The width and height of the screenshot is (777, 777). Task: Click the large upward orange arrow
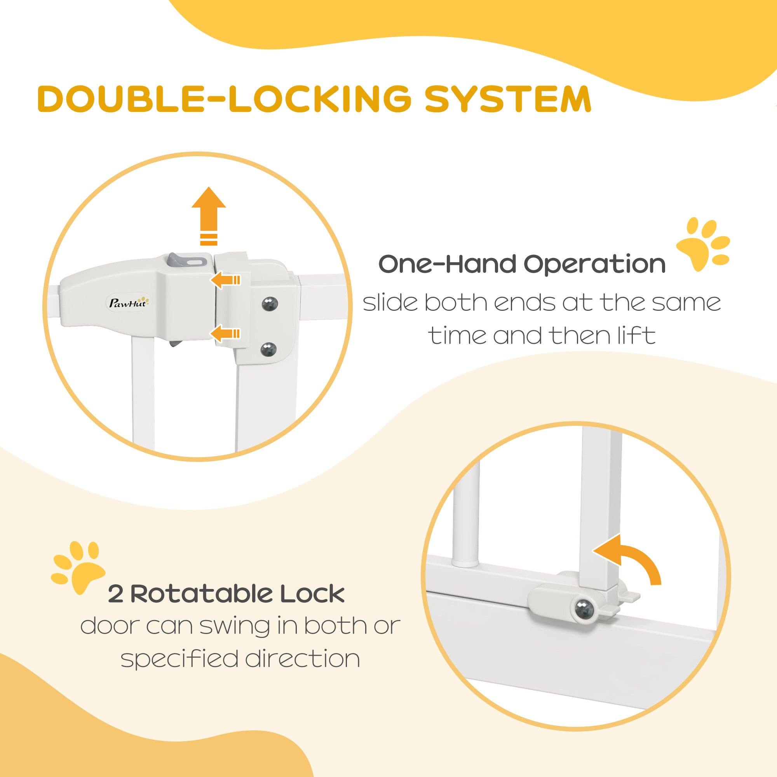point(209,215)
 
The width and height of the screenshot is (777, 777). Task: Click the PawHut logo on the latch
point(129,302)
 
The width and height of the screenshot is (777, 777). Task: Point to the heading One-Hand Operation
point(522,265)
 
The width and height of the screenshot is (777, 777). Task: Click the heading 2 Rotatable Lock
point(226,594)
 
